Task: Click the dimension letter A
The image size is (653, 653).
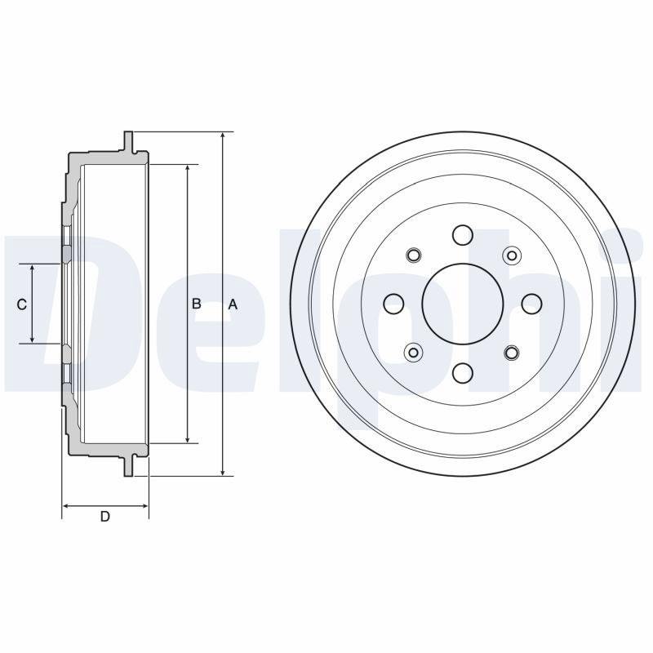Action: [x=233, y=304]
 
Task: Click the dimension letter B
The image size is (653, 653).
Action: [x=196, y=304]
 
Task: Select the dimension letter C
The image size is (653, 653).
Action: [x=22, y=304]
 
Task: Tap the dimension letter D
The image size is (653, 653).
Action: [x=105, y=517]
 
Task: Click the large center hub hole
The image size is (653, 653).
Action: [x=463, y=304]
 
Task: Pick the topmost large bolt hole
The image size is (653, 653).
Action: [x=463, y=235]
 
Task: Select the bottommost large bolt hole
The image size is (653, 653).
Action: [x=463, y=373]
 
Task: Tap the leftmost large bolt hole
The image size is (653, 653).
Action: [x=393, y=304]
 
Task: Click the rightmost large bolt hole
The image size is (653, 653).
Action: [x=532, y=304]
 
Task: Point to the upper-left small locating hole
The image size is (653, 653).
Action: [x=414, y=255]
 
